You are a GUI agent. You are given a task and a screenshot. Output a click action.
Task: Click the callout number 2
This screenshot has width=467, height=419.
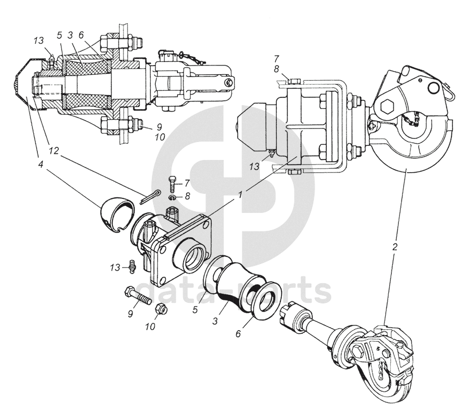click(395, 247)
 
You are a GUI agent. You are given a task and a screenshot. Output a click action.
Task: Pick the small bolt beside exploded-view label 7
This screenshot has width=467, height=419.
click(171, 184)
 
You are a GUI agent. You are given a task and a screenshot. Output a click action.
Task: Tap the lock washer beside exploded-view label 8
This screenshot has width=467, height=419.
click(174, 198)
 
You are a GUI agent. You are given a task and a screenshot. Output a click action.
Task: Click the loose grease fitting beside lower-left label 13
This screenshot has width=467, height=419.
click(133, 266)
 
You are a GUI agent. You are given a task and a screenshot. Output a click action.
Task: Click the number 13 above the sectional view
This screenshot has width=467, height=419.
click(39, 41)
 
